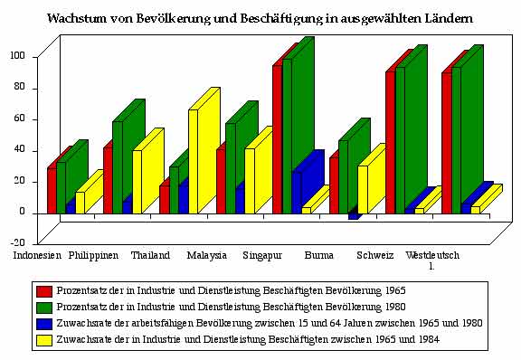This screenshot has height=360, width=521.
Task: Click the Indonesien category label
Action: pos(37,256)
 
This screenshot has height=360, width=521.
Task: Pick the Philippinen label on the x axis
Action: pos(93,256)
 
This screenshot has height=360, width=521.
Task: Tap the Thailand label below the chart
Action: pos(150,256)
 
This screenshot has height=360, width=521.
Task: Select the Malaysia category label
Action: pos(206,256)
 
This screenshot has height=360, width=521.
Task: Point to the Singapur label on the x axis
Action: pos(263,256)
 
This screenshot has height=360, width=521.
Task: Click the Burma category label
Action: pos(318,256)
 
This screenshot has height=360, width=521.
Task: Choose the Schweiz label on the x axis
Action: pos(375,256)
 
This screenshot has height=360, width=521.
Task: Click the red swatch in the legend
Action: pos(43,291)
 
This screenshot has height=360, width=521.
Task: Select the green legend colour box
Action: pos(43,307)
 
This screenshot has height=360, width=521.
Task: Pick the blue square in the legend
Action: pos(43,322)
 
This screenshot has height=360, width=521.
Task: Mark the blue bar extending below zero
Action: pos(354,216)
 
